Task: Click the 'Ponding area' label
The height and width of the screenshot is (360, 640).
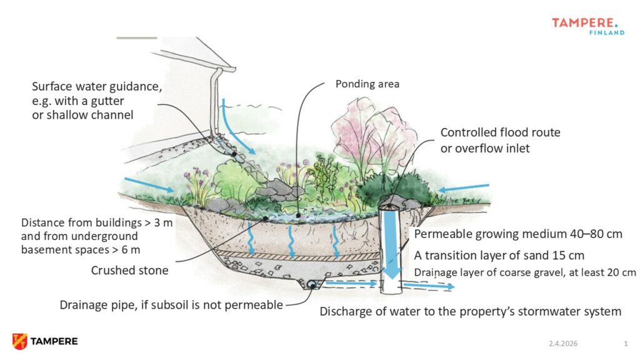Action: tap(367, 83)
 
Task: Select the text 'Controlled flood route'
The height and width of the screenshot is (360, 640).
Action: tap(500, 132)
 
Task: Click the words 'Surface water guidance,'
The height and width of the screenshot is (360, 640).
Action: tap(97, 87)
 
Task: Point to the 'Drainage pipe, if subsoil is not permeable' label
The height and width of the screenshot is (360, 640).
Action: tap(171, 305)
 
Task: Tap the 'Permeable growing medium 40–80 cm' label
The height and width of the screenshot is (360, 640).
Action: tap(517, 235)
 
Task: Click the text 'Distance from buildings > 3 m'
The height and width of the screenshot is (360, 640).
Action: tap(96, 223)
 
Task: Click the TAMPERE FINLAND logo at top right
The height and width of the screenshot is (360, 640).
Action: tap(587, 26)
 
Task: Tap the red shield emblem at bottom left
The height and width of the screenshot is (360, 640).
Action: tap(19, 341)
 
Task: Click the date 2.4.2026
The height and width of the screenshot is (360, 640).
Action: tap(562, 344)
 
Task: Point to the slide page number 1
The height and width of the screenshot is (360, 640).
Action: tap(625, 344)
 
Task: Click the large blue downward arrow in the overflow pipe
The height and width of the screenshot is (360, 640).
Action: tap(392, 246)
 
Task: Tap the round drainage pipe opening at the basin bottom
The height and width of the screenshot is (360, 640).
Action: tap(310, 285)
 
